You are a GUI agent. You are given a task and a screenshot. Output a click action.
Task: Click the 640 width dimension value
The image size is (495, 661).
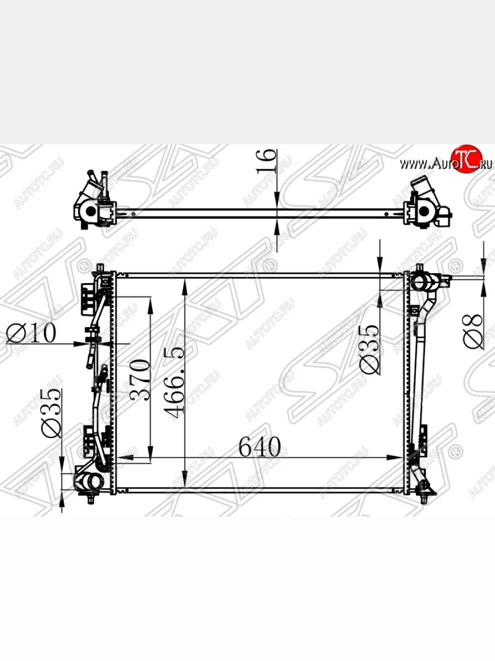(x=260, y=446)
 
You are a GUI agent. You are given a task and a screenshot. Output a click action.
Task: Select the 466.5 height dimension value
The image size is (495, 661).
(x=174, y=383)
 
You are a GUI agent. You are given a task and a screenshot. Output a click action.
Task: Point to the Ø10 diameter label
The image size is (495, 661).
(x=31, y=333)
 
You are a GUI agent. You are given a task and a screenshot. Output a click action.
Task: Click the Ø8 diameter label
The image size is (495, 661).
(x=474, y=331)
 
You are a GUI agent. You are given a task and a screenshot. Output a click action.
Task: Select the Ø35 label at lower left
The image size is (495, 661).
(x=51, y=413)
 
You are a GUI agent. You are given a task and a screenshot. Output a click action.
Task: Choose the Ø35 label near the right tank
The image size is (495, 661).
(x=370, y=349)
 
